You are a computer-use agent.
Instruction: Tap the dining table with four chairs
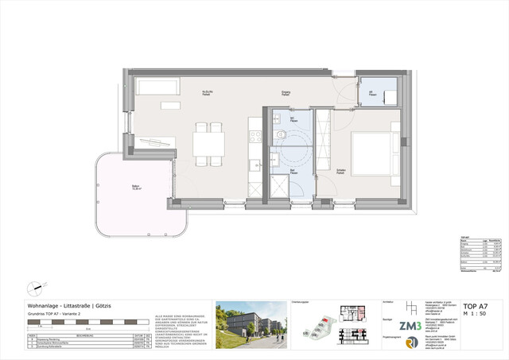tap(208, 144)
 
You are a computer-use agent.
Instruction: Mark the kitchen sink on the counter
tap(254, 165)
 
